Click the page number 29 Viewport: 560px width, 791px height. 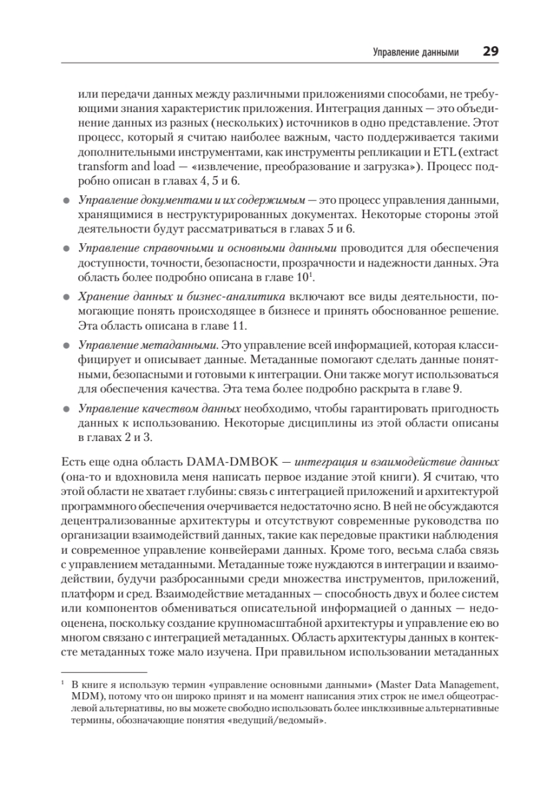[x=490, y=51]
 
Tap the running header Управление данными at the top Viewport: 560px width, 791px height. [x=416, y=52]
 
